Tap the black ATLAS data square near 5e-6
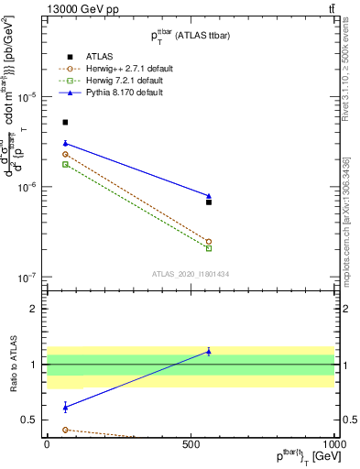65,122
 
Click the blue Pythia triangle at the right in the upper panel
209,196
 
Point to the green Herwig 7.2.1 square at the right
209,248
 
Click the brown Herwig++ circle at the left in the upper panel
65,154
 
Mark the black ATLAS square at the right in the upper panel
209,202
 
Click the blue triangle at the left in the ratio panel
65,407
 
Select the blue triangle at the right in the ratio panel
209,352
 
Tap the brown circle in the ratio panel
65,430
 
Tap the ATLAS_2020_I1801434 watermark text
190,274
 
